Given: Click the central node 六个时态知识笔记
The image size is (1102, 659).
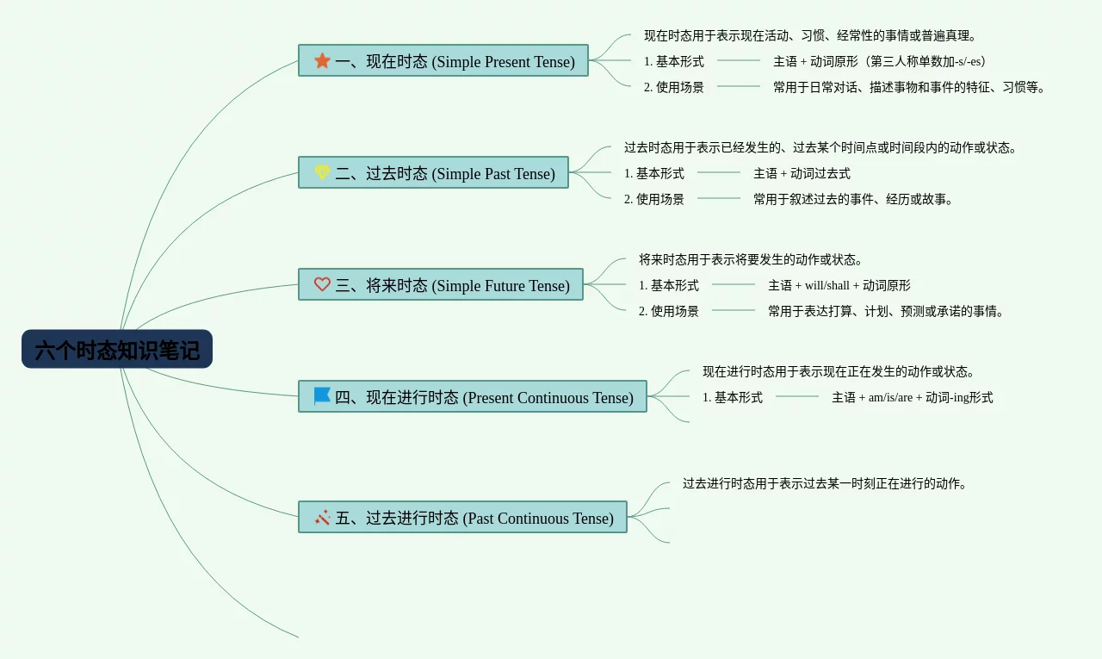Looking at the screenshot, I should point(117,350).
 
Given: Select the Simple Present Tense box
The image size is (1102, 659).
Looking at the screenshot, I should point(443,61).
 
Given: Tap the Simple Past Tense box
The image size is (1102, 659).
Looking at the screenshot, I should point(433,173).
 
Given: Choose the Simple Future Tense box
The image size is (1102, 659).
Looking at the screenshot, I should point(441,285).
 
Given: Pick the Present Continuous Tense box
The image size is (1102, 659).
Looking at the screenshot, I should point(473,397).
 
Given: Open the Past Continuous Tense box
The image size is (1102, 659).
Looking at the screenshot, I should point(462,518).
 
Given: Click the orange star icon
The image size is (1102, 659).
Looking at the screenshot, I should point(322,60).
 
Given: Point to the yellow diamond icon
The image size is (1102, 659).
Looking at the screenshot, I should point(322,172).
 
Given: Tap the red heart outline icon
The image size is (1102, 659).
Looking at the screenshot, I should point(322,284).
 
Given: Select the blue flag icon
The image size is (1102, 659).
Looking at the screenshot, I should point(322,396).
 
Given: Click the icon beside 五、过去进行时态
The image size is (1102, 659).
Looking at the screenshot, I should point(322,517).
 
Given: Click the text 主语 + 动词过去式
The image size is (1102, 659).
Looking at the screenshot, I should point(802,173).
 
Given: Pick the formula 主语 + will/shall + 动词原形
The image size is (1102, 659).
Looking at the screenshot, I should point(839,285).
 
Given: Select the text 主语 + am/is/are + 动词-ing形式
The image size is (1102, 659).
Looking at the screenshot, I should point(912,397).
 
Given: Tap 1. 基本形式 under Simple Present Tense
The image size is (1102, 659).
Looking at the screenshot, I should point(674,61).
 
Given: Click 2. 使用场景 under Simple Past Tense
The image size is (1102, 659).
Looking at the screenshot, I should point(654,199).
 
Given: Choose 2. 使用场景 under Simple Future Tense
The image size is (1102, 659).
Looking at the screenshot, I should point(669,311).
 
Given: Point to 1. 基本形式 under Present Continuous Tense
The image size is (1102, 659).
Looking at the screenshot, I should point(733,397).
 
